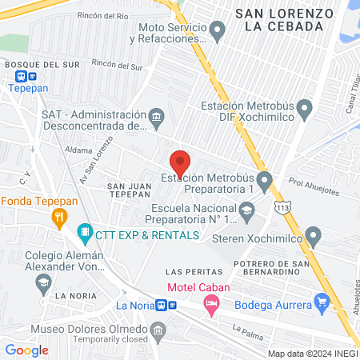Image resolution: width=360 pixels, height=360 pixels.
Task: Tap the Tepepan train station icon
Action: pyautogui.click(x=21, y=78)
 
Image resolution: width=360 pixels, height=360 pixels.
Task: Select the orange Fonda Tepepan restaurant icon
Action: pyautogui.click(x=58, y=216)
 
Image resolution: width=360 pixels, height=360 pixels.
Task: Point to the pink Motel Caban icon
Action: pyautogui.click(x=211, y=303)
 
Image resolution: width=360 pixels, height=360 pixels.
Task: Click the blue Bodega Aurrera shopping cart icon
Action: pyautogui.click(x=323, y=302)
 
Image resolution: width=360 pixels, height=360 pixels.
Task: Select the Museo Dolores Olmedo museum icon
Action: pyautogui.click(x=158, y=330)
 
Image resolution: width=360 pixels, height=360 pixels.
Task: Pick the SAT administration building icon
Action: pyautogui.click(x=158, y=119)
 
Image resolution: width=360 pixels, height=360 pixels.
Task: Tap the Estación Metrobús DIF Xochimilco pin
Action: pyautogui.click(x=303, y=108)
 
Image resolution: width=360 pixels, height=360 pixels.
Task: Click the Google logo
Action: pyautogui.click(x=26, y=350)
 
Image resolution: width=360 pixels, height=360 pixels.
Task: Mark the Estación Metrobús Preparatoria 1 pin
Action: pyautogui.click(x=263, y=179)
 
